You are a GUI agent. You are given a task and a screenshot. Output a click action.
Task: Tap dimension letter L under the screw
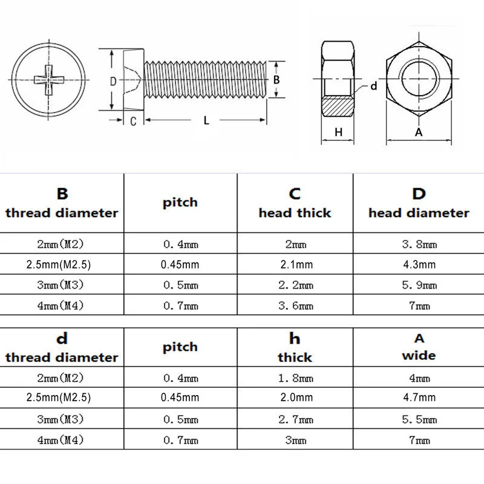(x=206, y=120)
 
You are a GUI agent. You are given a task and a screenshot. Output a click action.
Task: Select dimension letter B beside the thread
(x=275, y=80)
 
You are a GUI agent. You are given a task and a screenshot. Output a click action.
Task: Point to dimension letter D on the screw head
(x=113, y=81)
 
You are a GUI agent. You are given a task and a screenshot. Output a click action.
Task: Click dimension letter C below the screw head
(x=132, y=120)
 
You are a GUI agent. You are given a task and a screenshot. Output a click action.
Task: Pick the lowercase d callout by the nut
(x=373, y=86)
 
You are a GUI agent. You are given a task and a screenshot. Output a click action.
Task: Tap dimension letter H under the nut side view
(x=338, y=132)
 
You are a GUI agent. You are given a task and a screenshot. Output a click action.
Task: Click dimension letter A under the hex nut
(x=417, y=132)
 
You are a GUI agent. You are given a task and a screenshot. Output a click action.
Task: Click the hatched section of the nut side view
(x=338, y=107)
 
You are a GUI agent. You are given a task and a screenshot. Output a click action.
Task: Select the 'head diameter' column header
(x=419, y=213)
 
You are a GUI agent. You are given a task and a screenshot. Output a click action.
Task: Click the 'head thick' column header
(x=295, y=213)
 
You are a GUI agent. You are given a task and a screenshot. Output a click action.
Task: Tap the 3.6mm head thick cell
(x=295, y=306)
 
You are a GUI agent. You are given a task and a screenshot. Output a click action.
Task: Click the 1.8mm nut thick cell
(x=295, y=378)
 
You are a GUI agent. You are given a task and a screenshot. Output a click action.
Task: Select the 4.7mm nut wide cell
(x=419, y=397)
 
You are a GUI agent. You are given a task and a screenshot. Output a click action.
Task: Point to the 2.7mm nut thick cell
(x=295, y=419)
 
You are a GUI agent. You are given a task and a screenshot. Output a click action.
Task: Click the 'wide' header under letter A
(x=419, y=355)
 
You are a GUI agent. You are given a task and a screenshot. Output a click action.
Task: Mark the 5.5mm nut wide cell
(x=419, y=419)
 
